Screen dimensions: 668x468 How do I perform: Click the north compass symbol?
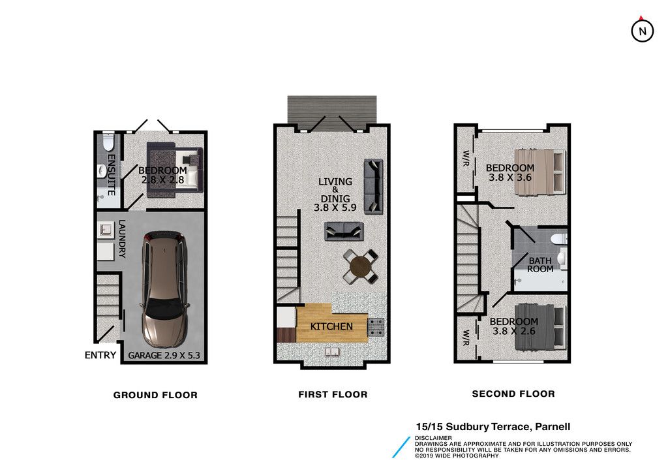[642, 30]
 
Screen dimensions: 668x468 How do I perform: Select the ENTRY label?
[100, 355]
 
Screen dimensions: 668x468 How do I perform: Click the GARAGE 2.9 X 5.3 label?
[164, 356]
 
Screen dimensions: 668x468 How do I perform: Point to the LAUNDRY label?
[122, 239]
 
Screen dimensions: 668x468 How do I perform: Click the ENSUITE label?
[111, 175]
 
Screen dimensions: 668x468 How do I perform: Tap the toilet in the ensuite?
[108, 142]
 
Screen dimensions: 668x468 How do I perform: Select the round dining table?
[360, 267]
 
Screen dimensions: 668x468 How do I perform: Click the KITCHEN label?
[331, 326]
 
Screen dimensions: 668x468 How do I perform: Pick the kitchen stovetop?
[376, 327]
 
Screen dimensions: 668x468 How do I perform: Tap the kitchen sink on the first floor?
[332, 351]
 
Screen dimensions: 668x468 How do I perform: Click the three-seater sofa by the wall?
[373, 186]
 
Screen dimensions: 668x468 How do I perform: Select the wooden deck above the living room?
[332, 112]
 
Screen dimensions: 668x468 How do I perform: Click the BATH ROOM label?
[540, 265]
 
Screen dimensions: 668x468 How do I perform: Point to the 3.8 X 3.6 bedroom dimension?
[510, 178]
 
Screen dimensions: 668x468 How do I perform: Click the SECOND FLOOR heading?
[513, 394]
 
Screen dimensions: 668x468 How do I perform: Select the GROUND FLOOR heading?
[155, 395]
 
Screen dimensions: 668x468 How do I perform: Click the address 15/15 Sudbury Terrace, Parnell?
[493, 427]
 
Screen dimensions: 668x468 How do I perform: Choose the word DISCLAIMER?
[433, 438]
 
